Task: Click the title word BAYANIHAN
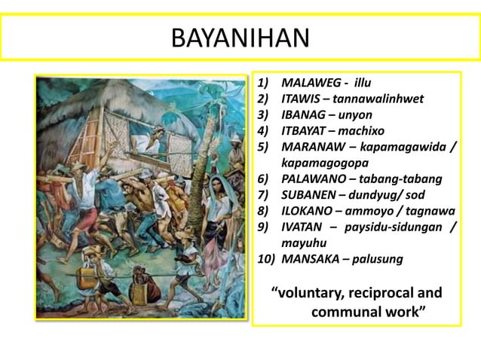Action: [240, 38]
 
